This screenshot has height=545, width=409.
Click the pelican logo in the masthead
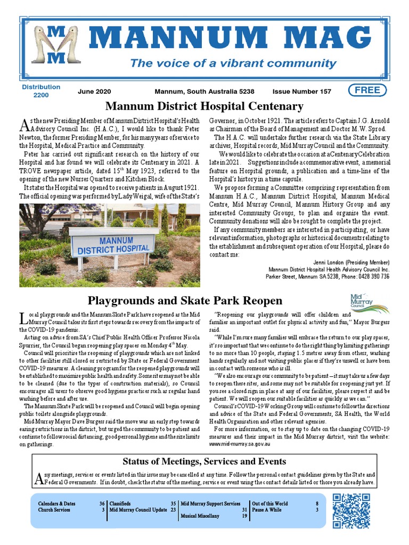[x=55, y=46]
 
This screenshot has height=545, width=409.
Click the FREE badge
[x=367, y=90]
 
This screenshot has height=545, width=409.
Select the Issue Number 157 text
[x=301, y=92]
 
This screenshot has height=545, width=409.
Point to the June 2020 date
[x=94, y=92]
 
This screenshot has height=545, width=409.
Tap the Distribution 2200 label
[x=41, y=91]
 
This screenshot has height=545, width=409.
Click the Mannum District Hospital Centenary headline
[x=204, y=106]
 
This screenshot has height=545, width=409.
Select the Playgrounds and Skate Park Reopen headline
[x=185, y=301]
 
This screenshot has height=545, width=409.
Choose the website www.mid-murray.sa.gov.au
[x=240, y=443]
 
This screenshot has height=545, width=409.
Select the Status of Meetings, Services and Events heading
[x=204, y=461]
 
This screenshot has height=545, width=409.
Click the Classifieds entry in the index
[x=120, y=503]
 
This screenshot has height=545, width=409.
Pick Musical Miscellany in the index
[x=200, y=516]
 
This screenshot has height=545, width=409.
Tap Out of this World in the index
[x=270, y=503]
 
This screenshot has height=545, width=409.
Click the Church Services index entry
[x=54, y=510]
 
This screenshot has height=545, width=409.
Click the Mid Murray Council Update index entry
[x=138, y=510]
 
